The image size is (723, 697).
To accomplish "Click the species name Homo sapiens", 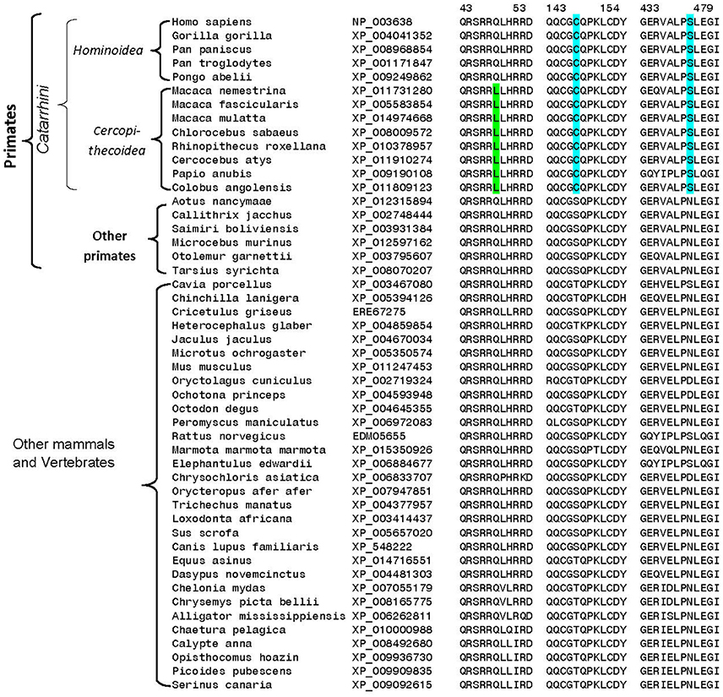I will (x=204, y=21).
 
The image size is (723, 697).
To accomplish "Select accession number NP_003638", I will (x=380, y=21).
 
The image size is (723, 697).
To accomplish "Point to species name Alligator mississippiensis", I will (x=258, y=615).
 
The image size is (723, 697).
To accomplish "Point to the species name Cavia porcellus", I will (x=215, y=284).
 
